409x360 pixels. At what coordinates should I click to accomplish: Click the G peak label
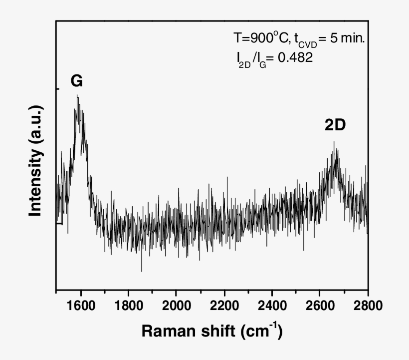pos(76,81)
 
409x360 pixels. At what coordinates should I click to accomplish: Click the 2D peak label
pos(335,126)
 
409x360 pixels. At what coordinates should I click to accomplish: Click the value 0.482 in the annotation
pos(295,58)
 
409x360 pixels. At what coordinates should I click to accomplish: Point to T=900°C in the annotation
pos(259,38)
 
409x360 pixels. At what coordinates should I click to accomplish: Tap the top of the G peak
pos(77,95)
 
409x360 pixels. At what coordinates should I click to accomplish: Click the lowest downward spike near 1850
pos(142,271)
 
